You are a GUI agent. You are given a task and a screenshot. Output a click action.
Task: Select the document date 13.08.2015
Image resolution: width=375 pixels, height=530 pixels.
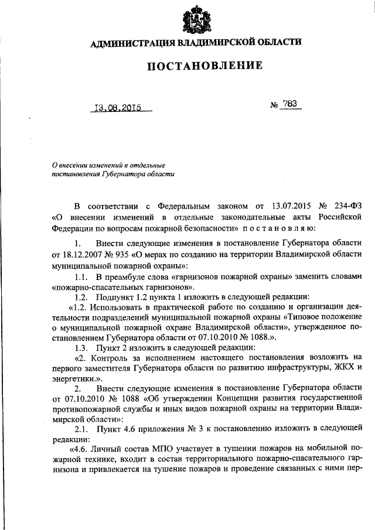(119, 108)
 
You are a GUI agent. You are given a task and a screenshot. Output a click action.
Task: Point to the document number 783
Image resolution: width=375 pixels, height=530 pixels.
(289, 104)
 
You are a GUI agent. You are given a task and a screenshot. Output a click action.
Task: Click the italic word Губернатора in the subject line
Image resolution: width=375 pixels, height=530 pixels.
(122, 174)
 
